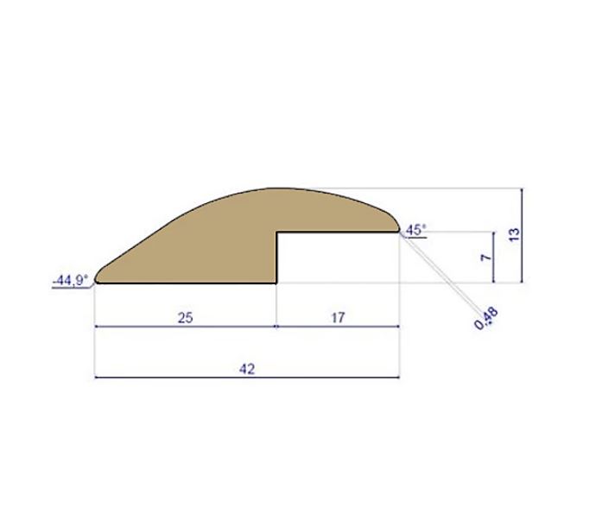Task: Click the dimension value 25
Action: coord(185,317)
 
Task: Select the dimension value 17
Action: coord(338,317)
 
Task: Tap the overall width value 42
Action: coord(247,368)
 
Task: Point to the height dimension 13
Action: coord(513,233)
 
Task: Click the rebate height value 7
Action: coord(485,257)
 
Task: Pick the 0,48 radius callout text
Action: coord(485,319)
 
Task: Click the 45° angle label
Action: coord(415,229)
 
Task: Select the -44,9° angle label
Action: coord(70,278)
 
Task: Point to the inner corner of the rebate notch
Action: coord(276,232)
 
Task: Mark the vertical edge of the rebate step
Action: coord(276,258)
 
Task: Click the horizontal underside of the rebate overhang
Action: coord(337,232)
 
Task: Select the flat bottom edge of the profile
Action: coord(186,283)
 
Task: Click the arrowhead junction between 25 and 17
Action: coord(276,328)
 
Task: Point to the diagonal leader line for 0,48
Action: coord(440,272)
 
